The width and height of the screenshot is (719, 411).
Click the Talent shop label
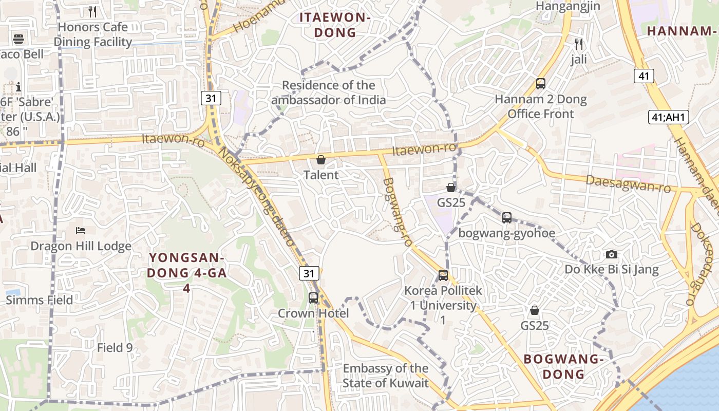click(321, 175)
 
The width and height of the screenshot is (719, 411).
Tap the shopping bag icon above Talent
click(321, 160)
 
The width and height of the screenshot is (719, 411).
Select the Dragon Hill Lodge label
click(81, 246)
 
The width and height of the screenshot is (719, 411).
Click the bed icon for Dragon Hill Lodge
click(81, 231)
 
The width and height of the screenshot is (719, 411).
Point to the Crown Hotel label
click(313, 313)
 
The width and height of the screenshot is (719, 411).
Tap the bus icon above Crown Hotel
click(313, 297)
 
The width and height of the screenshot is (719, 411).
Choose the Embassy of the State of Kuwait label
click(385, 376)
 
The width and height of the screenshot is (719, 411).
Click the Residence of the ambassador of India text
click(329, 92)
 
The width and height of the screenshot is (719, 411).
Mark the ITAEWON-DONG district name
click(335, 25)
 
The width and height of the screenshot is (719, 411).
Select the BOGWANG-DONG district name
click(563, 366)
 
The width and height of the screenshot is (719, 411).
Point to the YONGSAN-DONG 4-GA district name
click(187, 272)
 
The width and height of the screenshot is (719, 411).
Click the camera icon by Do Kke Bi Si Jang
click(611, 254)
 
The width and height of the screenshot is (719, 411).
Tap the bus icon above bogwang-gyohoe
click(507, 218)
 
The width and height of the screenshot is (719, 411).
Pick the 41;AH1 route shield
click(668, 117)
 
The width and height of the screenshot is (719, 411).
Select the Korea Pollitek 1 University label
click(443, 305)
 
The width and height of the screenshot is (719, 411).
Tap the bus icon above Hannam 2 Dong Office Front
click(540, 84)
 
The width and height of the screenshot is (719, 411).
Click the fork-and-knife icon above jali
click(579, 44)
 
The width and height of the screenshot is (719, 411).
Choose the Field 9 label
click(115, 348)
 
